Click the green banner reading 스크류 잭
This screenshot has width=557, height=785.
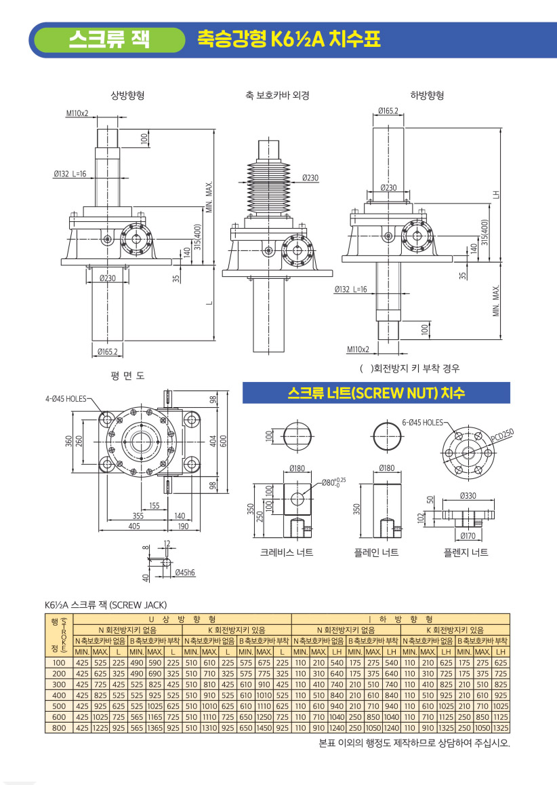[x=108, y=39]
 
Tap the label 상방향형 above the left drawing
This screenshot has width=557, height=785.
[x=127, y=95]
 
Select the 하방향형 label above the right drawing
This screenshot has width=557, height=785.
[x=427, y=95]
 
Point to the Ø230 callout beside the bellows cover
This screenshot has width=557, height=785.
[x=310, y=178]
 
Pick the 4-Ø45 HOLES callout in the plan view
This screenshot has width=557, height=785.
[x=66, y=399]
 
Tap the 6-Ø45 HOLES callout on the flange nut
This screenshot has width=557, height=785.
[x=423, y=423]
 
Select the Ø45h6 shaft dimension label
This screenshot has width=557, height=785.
[x=185, y=572]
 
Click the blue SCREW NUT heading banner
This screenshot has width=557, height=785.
[x=376, y=392]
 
